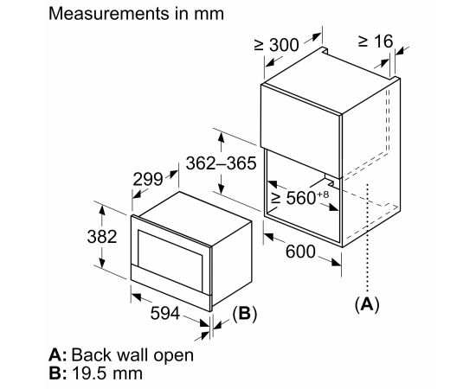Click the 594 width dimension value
tap(165, 313)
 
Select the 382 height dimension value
tap(102, 237)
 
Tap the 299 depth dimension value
tap(148, 180)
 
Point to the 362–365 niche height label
tap(222, 163)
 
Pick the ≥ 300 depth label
tap(277, 45)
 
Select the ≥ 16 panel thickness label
tap(376, 41)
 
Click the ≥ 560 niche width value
tap(293, 198)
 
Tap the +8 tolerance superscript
tap(323, 194)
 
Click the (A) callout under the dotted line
tap(367, 304)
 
